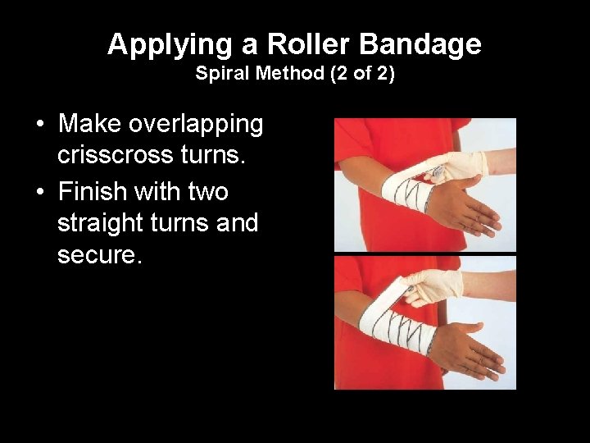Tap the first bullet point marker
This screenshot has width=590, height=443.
click(x=40, y=126)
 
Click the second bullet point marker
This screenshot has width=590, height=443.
click(x=40, y=193)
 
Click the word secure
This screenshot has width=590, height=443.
click(x=99, y=256)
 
